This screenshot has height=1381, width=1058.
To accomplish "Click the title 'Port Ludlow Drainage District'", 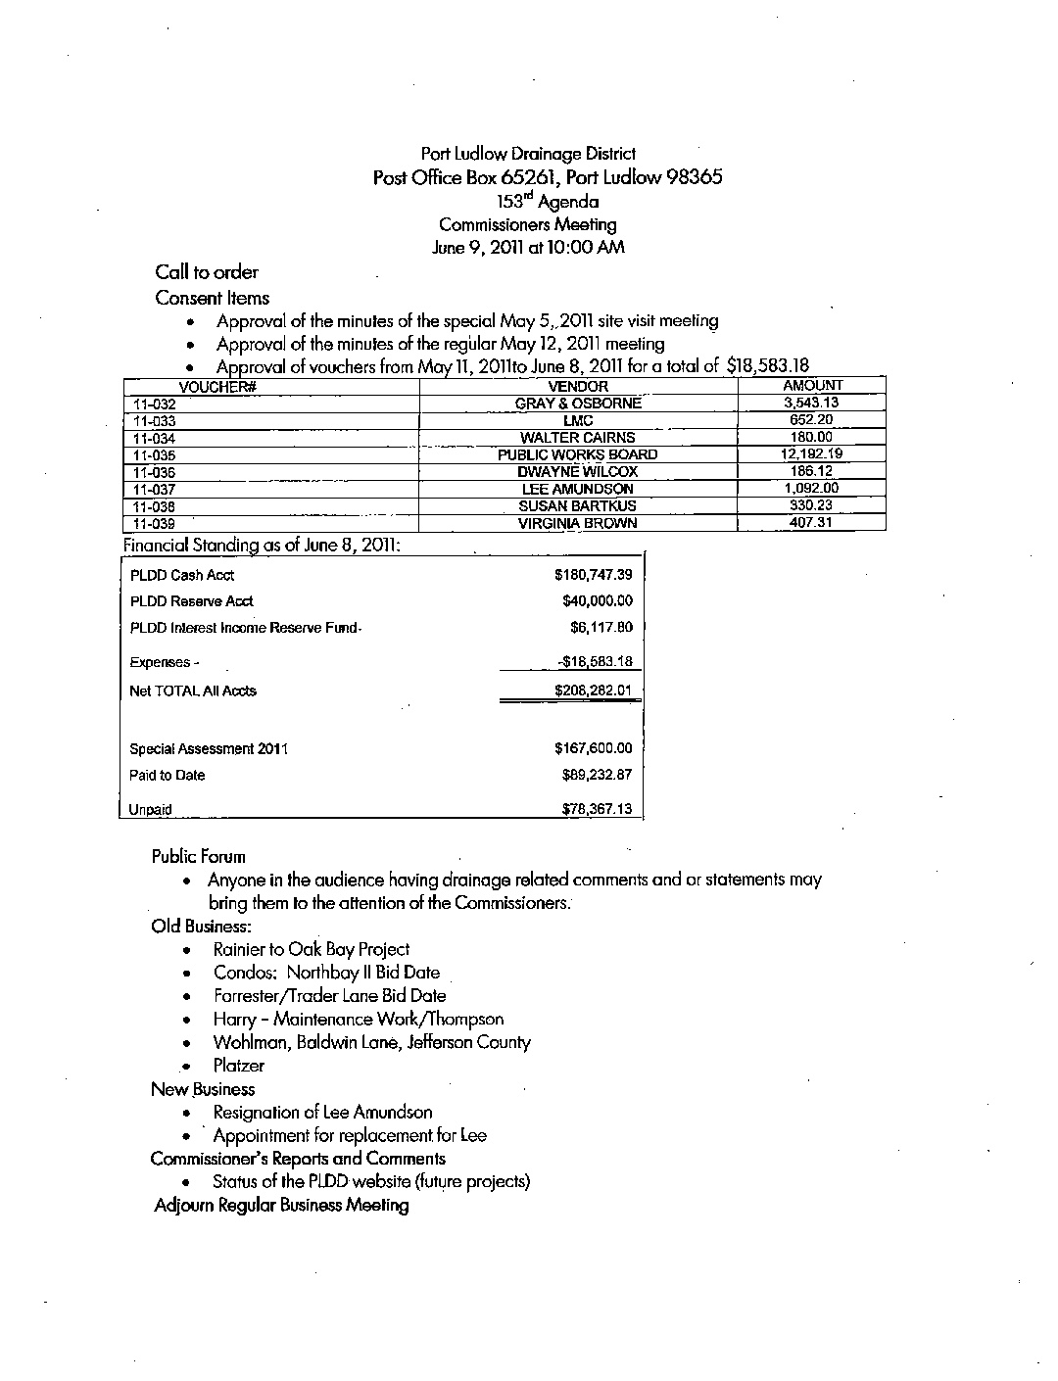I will click(x=528, y=154).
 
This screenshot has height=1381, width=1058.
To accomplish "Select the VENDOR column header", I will click(x=578, y=387).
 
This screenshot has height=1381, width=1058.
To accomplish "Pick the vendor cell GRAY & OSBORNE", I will click(x=578, y=404).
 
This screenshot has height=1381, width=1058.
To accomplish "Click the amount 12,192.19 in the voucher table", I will click(x=811, y=453).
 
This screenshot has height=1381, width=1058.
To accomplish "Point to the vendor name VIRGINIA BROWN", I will click(x=578, y=524).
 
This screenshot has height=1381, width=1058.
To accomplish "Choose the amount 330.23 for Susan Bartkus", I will click(x=811, y=505).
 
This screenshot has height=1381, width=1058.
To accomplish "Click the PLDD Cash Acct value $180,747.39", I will click(x=593, y=575).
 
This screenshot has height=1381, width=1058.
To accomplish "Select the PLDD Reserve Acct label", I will click(x=192, y=601).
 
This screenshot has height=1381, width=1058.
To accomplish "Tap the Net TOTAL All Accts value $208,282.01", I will click(x=593, y=690).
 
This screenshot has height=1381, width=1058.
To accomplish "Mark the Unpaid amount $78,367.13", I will click(x=597, y=809).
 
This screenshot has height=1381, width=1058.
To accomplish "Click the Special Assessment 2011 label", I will click(x=209, y=749).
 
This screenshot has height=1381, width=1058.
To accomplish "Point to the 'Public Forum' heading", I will click(x=198, y=857).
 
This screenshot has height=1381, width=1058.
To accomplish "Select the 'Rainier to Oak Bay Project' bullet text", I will click(x=312, y=949).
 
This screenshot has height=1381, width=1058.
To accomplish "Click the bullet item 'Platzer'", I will click(x=239, y=1066).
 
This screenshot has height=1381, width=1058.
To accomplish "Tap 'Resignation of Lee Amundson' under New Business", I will click(x=322, y=1113).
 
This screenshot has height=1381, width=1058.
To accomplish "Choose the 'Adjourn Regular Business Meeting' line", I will click(x=281, y=1206).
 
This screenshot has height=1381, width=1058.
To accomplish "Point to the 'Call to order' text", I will click(x=206, y=272).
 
